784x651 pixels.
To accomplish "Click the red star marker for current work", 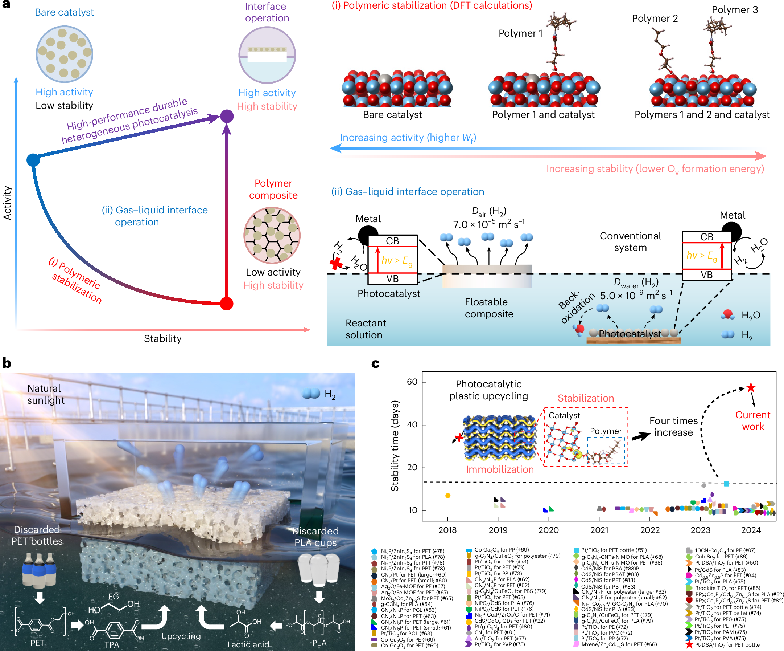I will click(x=751, y=387).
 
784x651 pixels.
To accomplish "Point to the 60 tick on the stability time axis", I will click(x=412, y=382).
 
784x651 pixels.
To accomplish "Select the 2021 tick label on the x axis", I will click(x=599, y=530).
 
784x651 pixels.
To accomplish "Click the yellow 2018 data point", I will click(x=448, y=496).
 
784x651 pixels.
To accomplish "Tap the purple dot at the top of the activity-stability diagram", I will click(x=227, y=116).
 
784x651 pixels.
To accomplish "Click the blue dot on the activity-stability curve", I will click(x=33, y=160).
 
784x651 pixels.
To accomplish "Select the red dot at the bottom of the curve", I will click(x=227, y=304).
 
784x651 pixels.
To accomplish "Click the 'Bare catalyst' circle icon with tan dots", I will click(x=64, y=54).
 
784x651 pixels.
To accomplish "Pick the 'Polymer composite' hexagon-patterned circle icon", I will click(x=272, y=235).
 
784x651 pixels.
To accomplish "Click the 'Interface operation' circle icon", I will click(x=267, y=54).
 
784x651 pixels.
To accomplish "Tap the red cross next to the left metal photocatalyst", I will click(x=337, y=264).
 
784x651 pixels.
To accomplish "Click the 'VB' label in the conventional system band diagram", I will click(x=706, y=275).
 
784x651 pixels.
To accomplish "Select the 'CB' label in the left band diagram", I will click(x=392, y=241).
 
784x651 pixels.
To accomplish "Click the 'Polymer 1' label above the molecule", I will click(x=520, y=33).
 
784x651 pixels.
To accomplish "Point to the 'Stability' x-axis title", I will click(x=163, y=339).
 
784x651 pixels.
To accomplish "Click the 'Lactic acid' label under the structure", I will click(x=248, y=644).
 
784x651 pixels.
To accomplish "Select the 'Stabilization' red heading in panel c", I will click(x=585, y=398).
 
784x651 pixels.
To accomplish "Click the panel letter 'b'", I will click(x=7, y=363).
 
